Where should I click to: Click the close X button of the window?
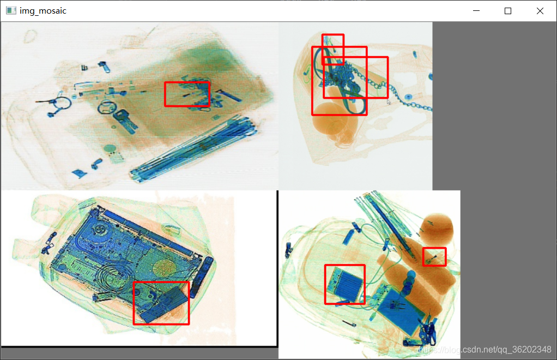coord(540,11)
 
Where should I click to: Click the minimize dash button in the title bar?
coord(476,11)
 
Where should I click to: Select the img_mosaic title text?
coord(43,11)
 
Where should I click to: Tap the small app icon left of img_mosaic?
coord(11,11)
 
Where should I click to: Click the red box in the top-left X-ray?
coord(165,94)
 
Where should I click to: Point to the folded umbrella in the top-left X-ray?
coord(193,149)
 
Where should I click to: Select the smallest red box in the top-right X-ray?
coord(323,50)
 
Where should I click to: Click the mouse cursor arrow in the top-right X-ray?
coord(389,103)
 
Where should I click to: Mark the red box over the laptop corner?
coord(134,303)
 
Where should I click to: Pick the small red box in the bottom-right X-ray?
coord(423,256)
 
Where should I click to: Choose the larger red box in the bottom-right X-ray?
coord(325,284)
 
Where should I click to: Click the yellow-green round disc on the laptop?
coord(164,267)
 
